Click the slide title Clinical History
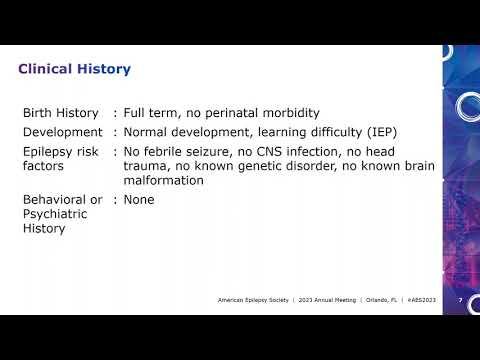pyautogui.click(x=75, y=69)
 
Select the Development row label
pyautogui.click(x=63, y=132)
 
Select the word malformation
pyautogui.click(x=164, y=181)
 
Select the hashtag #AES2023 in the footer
pyautogui.click(x=424, y=300)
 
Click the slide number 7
pyautogui.click(x=459, y=300)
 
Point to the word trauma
pyautogui.click(x=146, y=166)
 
